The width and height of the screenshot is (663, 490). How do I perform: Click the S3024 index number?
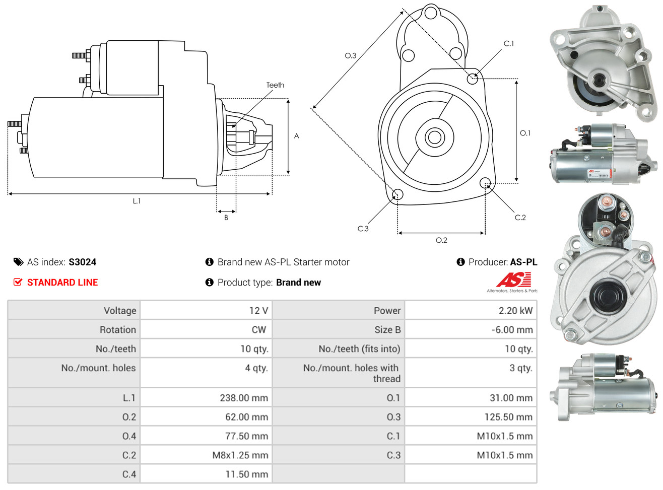click(x=82, y=262)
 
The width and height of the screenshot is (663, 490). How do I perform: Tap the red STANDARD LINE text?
click(x=62, y=283)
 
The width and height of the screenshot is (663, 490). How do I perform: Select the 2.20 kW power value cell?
click(x=471, y=310)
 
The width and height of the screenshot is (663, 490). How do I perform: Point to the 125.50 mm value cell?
click(x=471, y=417)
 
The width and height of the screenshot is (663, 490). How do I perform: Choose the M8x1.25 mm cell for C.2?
click(x=206, y=455)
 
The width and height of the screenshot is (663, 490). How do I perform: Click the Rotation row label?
click(x=118, y=329)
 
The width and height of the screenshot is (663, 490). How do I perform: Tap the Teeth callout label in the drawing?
click(x=275, y=85)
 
